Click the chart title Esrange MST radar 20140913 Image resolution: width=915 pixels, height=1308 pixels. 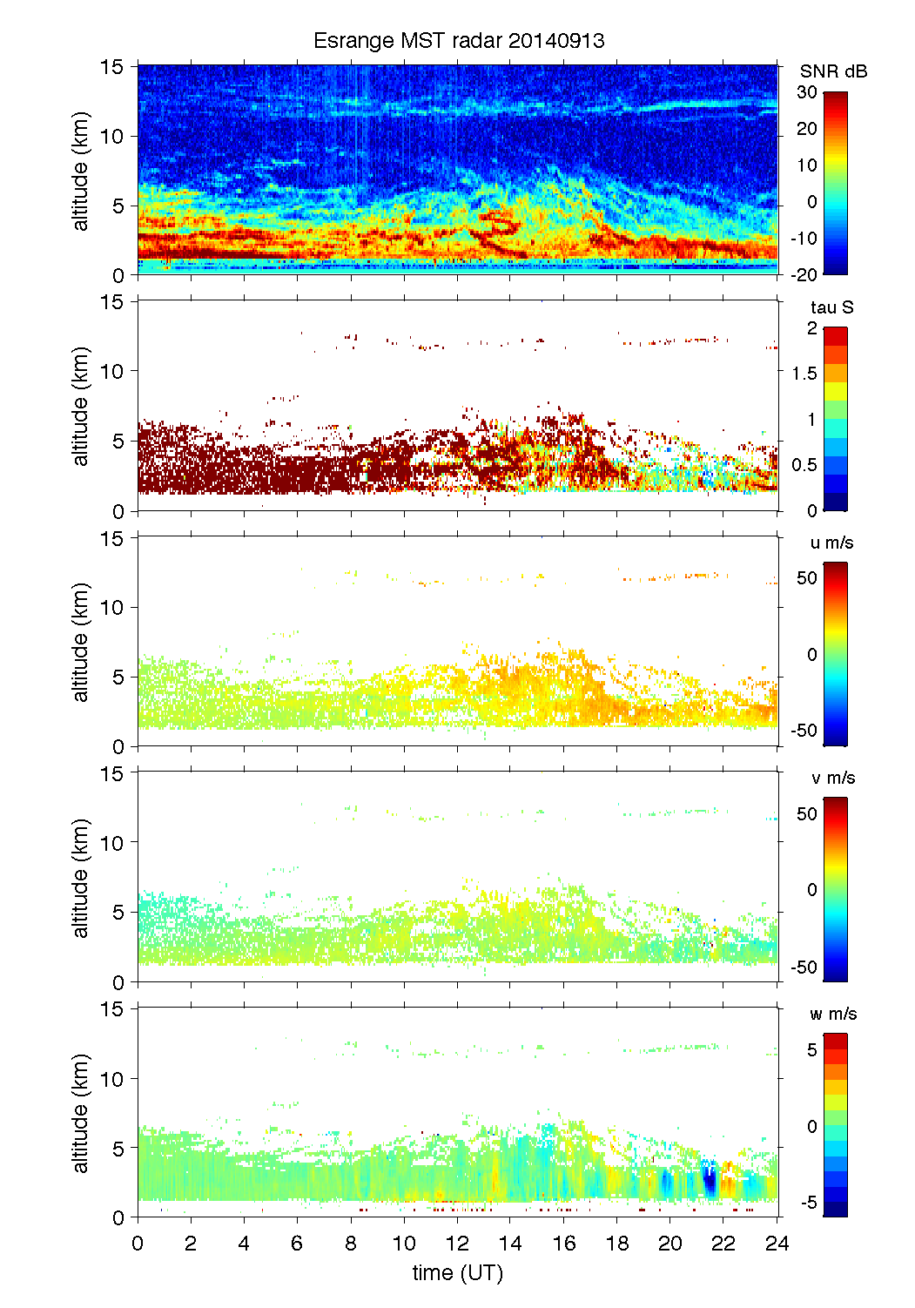coord(459,41)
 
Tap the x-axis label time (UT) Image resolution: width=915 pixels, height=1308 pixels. coord(458,1273)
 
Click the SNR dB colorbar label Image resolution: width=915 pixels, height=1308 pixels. coord(833,71)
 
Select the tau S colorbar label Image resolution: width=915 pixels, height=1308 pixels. coord(831,307)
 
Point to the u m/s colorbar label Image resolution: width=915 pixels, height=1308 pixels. coord(831,543)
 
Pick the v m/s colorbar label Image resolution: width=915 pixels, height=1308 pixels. coord(832,778)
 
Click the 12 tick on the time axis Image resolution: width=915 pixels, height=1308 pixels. coord(458,1244)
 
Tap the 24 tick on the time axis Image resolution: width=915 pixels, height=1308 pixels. coord(777,1244)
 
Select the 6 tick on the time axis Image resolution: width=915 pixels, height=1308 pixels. coord(297,1244)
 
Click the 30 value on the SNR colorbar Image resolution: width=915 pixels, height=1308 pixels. coord(807,92)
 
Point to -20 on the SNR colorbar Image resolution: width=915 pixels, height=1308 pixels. coord(804,275)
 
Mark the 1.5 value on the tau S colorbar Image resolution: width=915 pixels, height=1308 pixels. coord(804,374)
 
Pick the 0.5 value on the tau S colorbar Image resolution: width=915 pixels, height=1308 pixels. coord(804,465)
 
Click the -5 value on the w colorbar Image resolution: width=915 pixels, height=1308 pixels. coord(809,1203)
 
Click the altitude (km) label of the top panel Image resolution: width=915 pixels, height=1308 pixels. coord(81,171)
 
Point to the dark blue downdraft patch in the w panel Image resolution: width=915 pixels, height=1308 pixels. coord(710,1181)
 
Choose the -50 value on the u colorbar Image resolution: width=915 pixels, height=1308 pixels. coord(804,731)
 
